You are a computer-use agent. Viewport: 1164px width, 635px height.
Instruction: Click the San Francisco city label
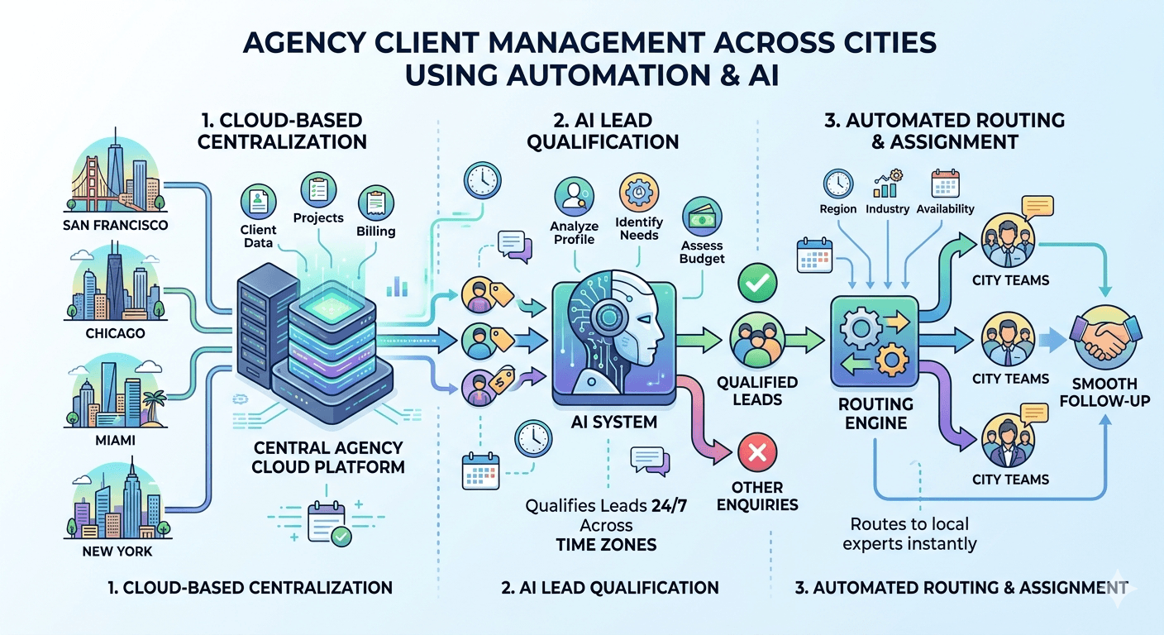click(115, 225)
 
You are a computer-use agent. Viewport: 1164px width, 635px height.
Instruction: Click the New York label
click(117, 551)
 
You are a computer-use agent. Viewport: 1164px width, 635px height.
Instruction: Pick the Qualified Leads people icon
click(755, 340)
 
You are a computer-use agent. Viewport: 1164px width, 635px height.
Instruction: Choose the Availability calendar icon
click(944, 183)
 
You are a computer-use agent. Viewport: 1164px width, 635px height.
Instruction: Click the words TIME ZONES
click(606, 544)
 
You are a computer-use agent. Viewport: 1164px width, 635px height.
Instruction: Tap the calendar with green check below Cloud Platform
click(328, 523)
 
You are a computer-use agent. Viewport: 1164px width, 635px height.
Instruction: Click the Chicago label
click(115, 333)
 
